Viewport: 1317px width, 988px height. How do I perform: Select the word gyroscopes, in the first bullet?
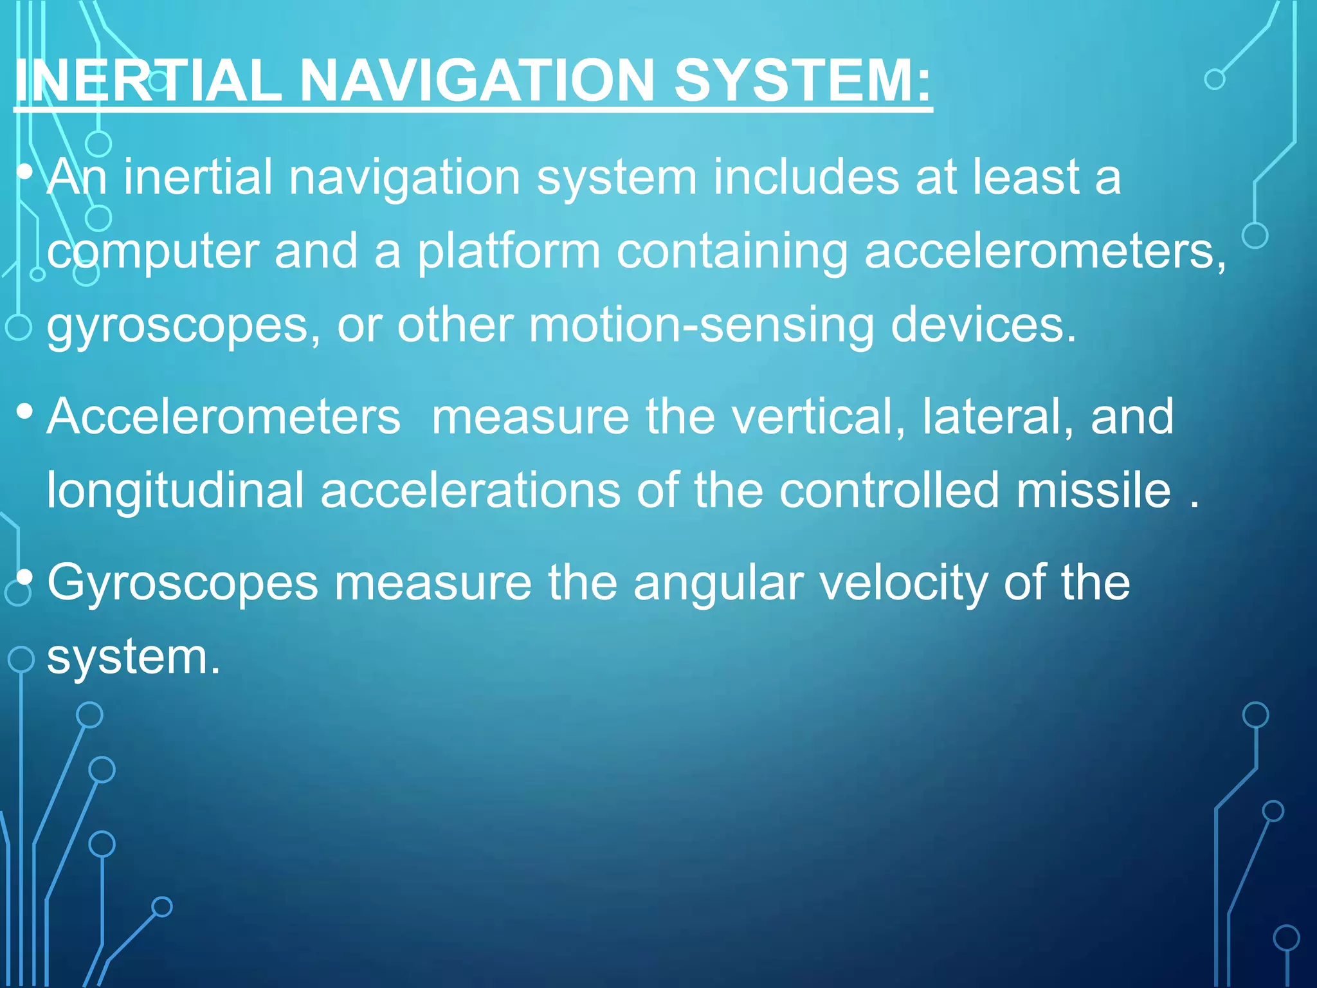click(x=184, y=327)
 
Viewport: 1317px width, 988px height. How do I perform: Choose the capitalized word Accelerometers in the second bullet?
click(x=224, y=417)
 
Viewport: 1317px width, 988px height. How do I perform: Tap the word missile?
click(x=1094, y=490)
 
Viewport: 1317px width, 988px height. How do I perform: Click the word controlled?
click(x=889, y=490)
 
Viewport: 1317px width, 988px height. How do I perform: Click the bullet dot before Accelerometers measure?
click(x=25, y=412)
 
